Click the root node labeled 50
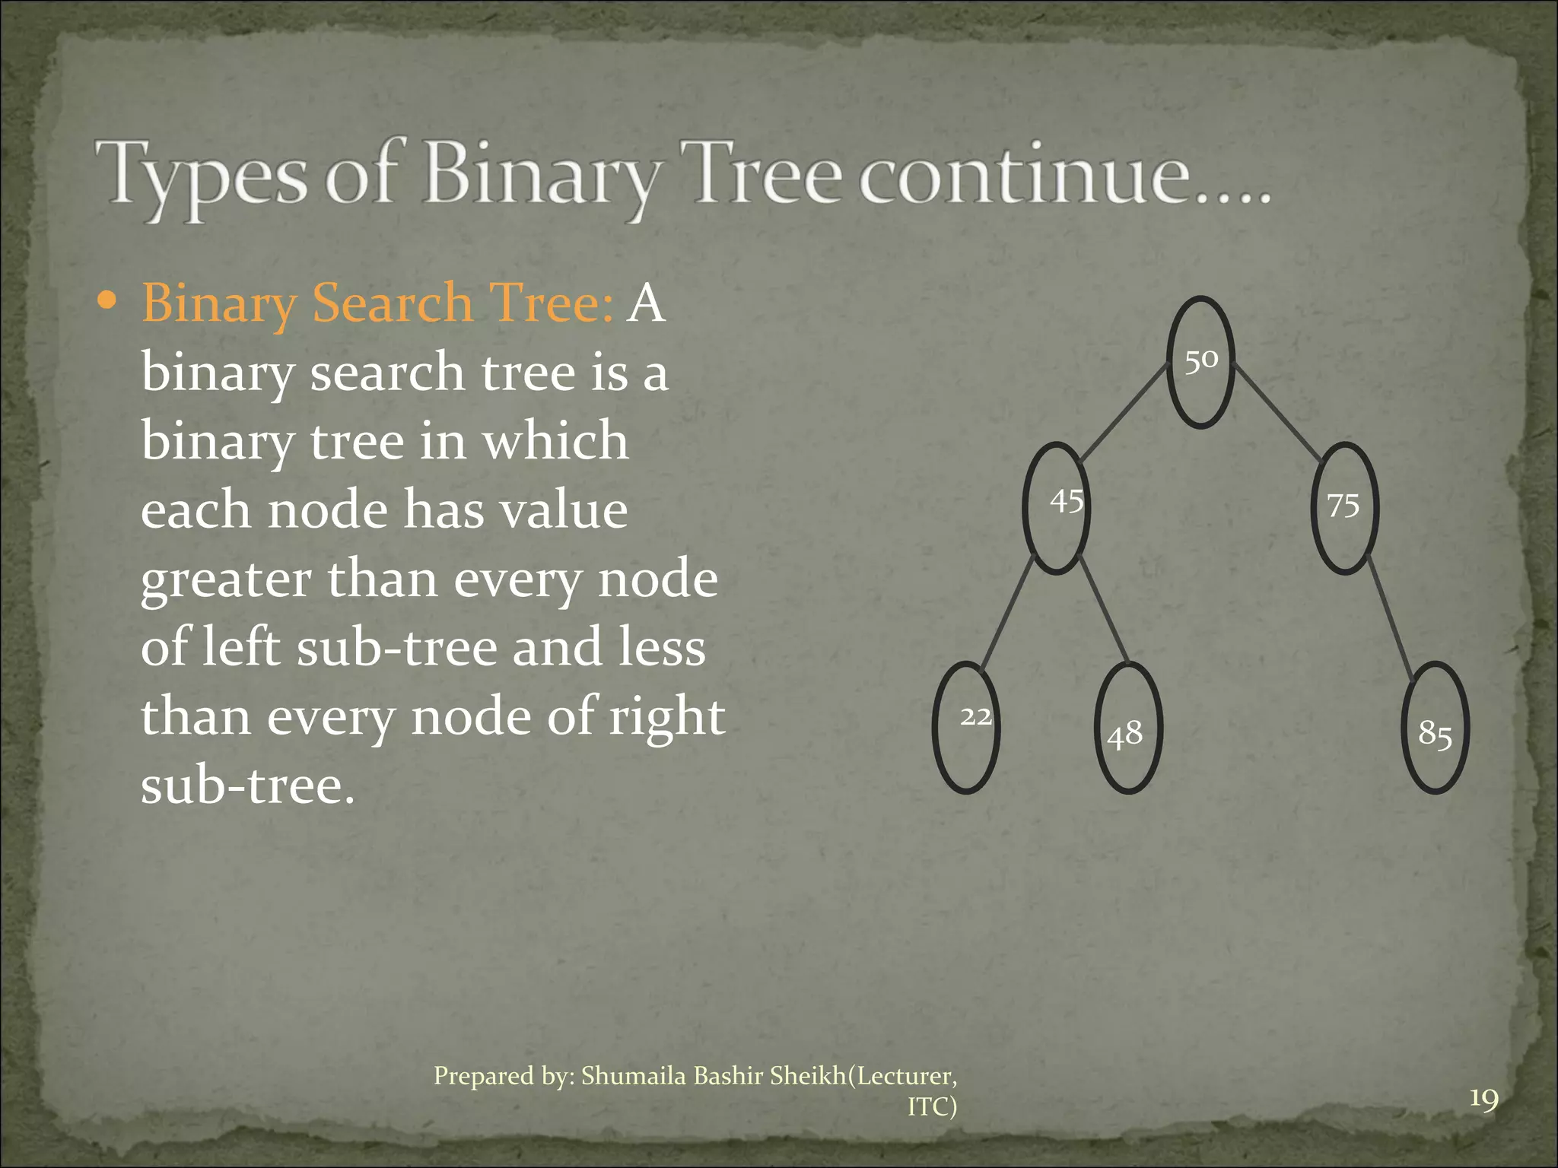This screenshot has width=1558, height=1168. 1200,361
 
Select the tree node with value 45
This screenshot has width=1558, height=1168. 1056,507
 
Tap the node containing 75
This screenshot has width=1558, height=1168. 1345,507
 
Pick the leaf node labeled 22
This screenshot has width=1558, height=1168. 966,727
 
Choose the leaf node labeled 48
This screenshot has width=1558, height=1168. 1128,728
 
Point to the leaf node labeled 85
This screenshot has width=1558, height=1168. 1435,728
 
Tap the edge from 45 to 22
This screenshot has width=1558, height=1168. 1006,613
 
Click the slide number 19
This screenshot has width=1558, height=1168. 1483,1100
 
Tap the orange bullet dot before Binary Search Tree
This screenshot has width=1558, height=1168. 108,301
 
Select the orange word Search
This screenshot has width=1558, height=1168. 393,303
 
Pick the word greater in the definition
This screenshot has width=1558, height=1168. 226,580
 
